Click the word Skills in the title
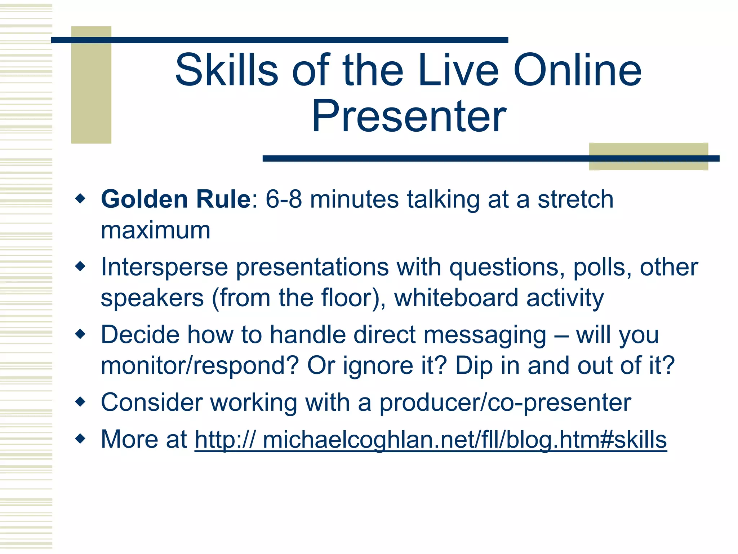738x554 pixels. [x=227, y=70]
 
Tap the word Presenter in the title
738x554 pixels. [x=409, y=116]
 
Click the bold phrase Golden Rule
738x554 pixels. [x=176, y=199]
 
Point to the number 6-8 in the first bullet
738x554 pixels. [x=284, y=199]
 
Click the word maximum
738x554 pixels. [x=155, y=230]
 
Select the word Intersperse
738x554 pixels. [x=164, y=267]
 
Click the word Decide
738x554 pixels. [x=140, y=335]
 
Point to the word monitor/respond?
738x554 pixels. [x=200, y=366]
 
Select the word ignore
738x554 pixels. [x=378, y=366]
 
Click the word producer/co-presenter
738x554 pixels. [x=505, y=403]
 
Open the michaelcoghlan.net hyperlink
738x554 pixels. [x=431, y=440]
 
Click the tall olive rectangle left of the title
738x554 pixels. [x=91, y=94]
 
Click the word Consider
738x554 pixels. [x=151, y=403]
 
